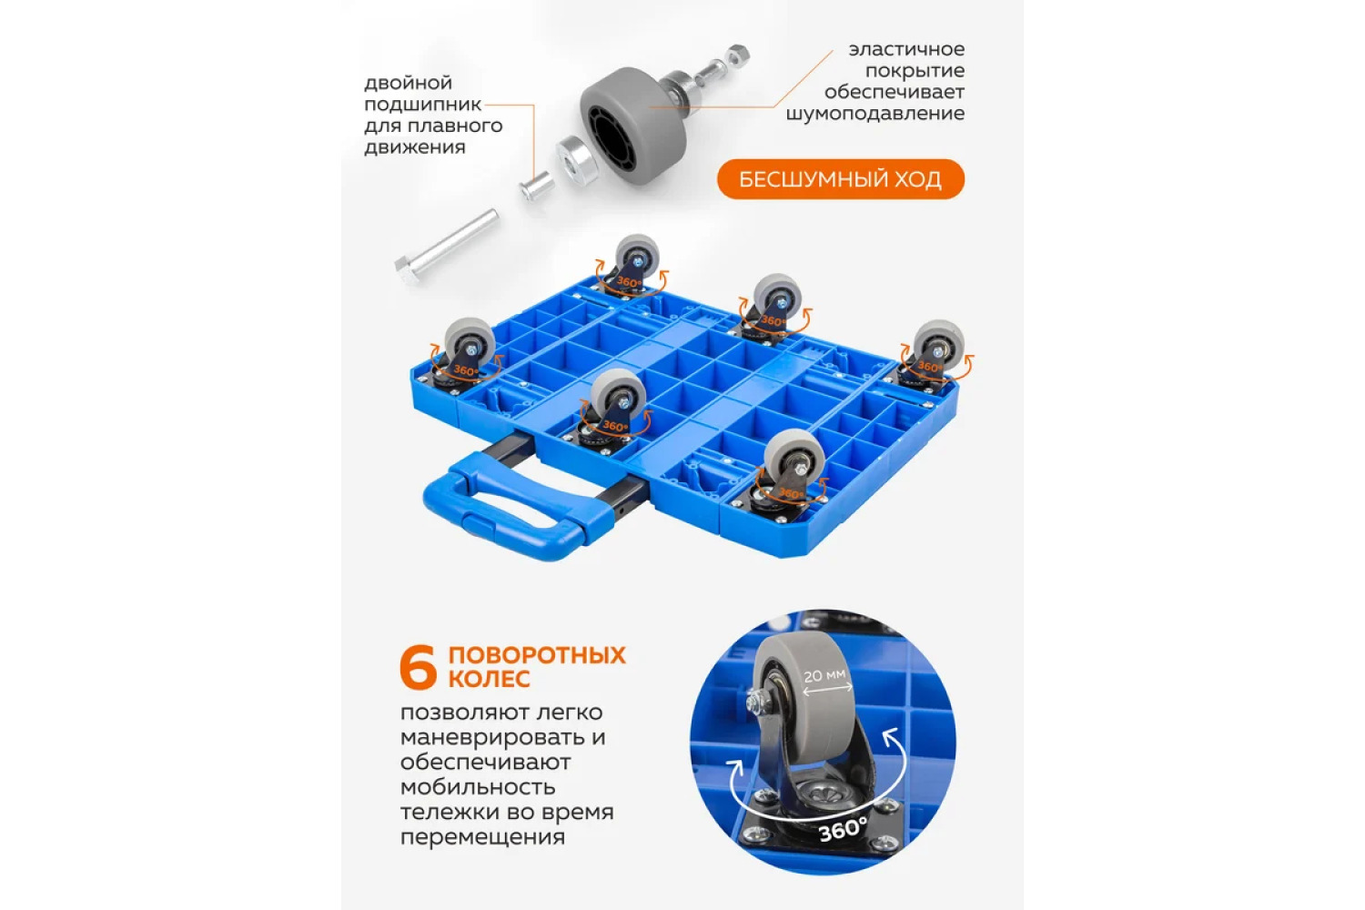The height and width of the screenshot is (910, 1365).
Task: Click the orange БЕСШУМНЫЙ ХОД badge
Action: tap(840, 179)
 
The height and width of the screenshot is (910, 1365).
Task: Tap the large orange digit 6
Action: tap(418, 667)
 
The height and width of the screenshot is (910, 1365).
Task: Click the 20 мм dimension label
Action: tap(824, 675)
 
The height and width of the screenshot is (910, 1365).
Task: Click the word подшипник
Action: tap(423, 105)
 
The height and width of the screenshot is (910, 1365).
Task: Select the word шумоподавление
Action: tap(875, 114)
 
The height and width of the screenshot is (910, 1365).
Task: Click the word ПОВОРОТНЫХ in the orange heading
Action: tap(537, 655)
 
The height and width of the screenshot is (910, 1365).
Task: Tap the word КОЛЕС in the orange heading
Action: tap(489, 679)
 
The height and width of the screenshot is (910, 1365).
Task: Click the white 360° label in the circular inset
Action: tap(842, 830)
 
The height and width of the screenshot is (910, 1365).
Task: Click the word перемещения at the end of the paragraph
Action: tap(482, 837)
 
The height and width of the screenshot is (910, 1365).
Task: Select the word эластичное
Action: tap(906, 49)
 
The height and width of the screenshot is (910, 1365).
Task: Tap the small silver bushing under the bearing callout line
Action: tap(536, 185)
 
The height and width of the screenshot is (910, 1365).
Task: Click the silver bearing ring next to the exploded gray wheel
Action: tap(574, 157)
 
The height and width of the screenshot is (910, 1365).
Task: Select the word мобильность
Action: tap(478, 787)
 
